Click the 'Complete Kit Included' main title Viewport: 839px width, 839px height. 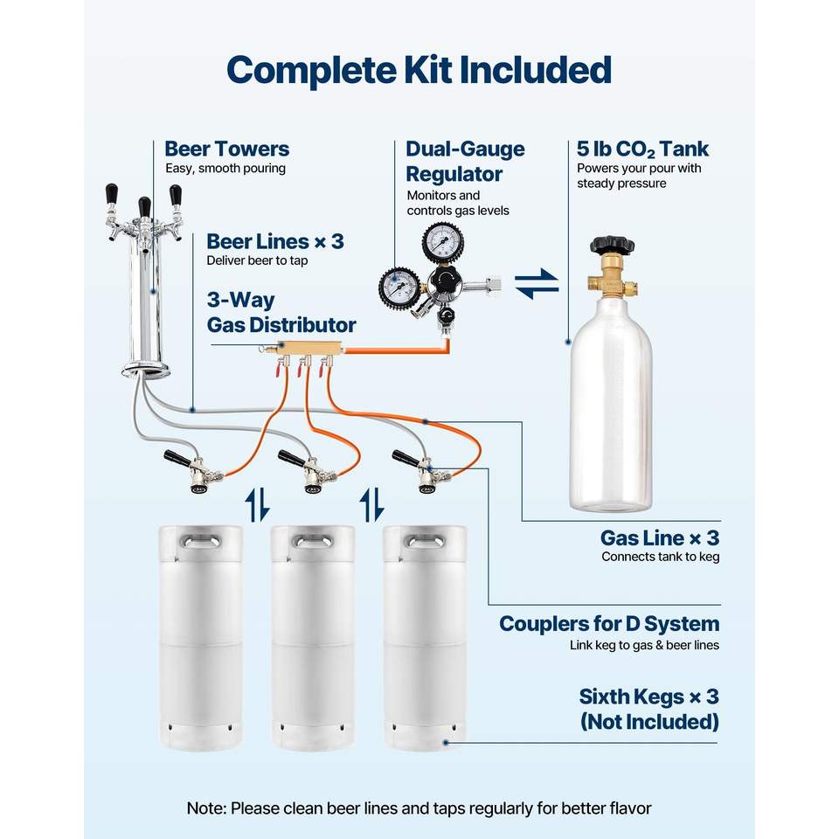pyautogui.click(x=419, y=69)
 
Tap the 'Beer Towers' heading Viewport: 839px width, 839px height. pyautogui.click(x=226, y=149)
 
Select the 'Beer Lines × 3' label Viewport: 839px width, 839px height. pyautogui.click(x=274, y=241)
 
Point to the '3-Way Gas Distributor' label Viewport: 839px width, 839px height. pyautogui.click(x=281, y=313)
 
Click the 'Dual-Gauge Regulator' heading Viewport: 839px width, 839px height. pyautogui.click(x=465, y=161)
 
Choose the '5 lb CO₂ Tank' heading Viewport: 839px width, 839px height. pyautogui.click(x=642, y=149)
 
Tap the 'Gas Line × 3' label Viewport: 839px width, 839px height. pyautogui.click(x=659, y=537)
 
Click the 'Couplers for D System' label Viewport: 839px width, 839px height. pyautogui.click(x=609, y=624)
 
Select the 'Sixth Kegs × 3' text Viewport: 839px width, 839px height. pyautogui.click(x=648, y=697)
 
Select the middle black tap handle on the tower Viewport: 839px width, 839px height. pyautogui.click(x=144, y=208)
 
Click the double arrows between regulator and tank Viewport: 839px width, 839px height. pyautogui.click(x=537, y=284)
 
